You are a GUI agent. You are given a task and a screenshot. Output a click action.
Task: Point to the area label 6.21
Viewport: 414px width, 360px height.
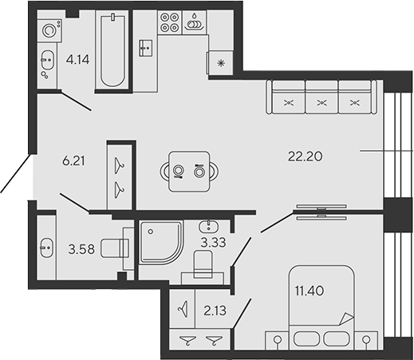[73, 160]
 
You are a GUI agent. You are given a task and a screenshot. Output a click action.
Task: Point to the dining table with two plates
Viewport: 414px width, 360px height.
[188, 169]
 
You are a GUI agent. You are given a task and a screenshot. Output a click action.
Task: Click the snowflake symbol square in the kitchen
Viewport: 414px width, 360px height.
[219, 61]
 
